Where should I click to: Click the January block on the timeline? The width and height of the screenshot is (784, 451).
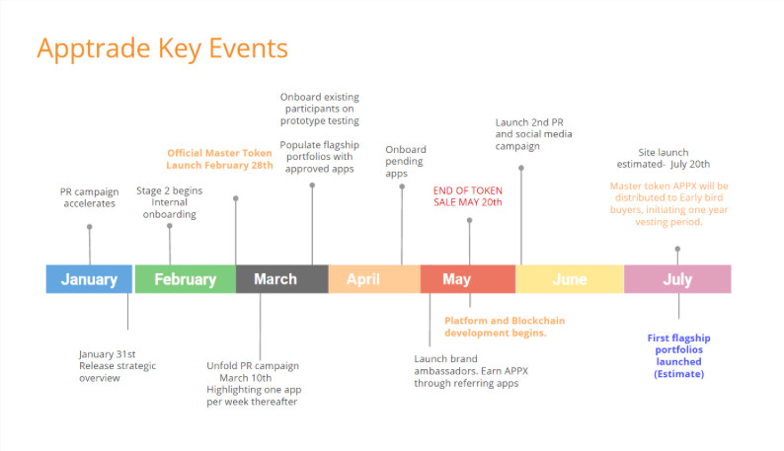89,279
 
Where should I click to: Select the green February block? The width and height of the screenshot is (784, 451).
186,279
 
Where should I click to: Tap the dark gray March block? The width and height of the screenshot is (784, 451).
282,279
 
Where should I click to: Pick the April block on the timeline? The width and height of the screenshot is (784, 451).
374,279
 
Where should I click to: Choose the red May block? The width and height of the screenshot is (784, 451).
468,279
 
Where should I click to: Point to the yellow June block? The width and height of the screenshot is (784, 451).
570,279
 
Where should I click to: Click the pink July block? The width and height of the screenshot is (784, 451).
677,279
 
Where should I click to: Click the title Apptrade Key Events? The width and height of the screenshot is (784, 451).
163,48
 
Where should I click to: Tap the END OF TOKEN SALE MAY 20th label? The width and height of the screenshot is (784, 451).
468,196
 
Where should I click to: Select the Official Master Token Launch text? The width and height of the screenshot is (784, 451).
219,159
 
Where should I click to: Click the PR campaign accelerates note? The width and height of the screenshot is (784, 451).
90,197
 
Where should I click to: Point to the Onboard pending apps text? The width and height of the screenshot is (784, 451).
406,161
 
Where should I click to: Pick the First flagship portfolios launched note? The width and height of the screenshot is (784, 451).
678,355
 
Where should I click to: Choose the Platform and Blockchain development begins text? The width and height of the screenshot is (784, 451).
505,327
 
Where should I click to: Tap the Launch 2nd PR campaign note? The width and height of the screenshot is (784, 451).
533,134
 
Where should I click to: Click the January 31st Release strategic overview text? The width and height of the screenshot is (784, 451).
118,366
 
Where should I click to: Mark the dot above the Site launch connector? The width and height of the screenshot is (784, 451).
677,249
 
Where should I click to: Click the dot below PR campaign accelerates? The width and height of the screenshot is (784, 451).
90,227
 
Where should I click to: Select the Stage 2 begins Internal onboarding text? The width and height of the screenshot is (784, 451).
170,202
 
